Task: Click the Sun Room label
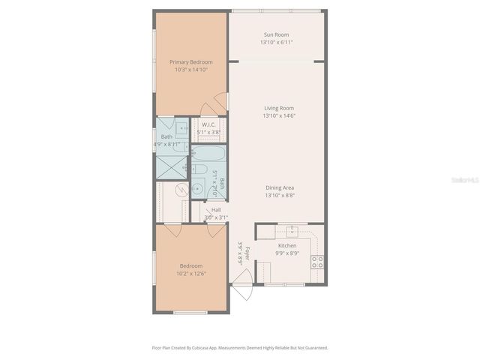point(276,34)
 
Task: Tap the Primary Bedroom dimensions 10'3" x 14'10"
point(190,70)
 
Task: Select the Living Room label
point(278,108)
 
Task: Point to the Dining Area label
point(278,187)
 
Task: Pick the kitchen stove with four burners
point(317,262)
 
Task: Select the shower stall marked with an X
point(173,168)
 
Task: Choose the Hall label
point(216,210)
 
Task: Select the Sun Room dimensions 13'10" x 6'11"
point(276,43)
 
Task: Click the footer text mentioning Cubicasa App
point(240,348)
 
